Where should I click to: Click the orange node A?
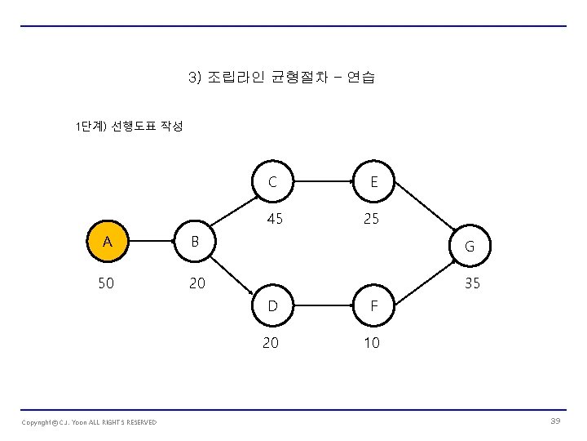[x=107, y=243]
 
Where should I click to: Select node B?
[x=194, y=243]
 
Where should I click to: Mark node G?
[x=470, y=246]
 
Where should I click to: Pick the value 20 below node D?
[x=270, y=344]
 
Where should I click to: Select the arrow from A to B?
[x=150, y=243]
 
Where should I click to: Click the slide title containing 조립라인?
[x=280, y=78]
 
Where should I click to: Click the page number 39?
[x=555, y=420]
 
